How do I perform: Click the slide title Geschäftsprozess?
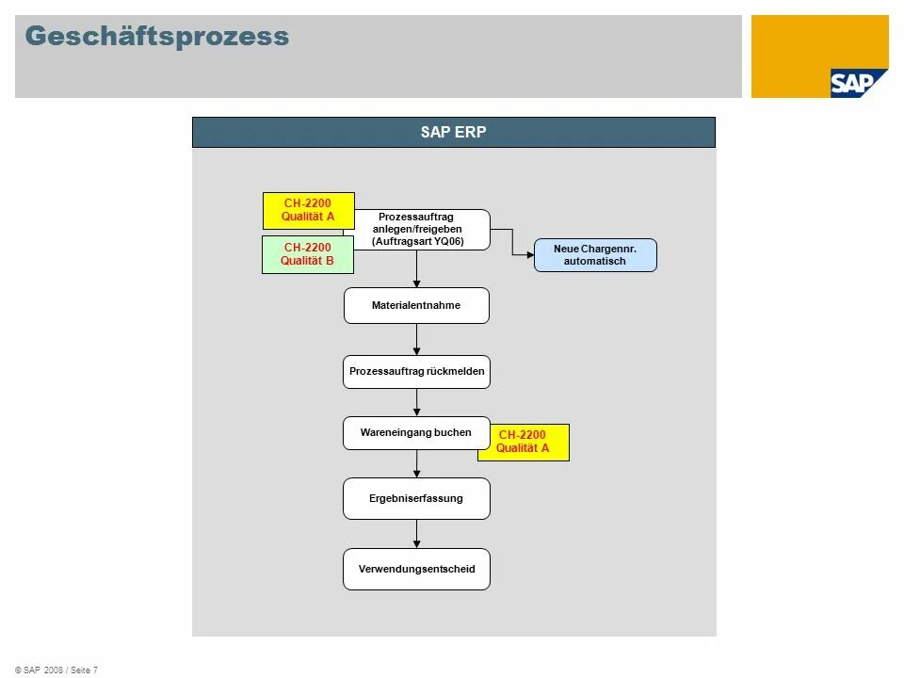[157, 37]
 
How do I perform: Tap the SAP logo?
[858, 83]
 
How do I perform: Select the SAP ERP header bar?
[454, 132]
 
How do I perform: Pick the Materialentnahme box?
[416, 305]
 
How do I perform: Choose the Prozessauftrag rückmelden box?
[416, 372]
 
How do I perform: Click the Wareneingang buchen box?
[415, 433]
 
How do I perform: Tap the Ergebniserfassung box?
[416, 498]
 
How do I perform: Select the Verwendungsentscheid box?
[416, 569]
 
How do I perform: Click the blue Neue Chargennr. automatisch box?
[595, 255]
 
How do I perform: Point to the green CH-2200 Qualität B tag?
[308, 254]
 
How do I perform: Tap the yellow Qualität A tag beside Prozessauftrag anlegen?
[308, 210]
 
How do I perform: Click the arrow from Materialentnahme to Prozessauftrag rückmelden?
[416, 339]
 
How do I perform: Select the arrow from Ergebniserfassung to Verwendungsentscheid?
[416, 534]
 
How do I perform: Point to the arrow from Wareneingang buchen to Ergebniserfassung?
[416, 463]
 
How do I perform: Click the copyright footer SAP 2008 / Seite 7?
[56, 670]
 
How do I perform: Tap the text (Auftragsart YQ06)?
[417, 241]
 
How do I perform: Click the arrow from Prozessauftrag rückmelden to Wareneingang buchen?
[416, 402]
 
